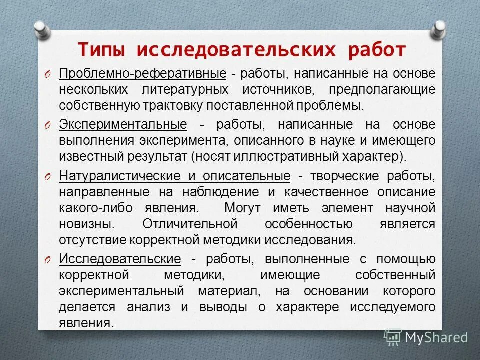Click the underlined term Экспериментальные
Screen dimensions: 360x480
pos(123,125)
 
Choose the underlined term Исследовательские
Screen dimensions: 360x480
pos(120,259)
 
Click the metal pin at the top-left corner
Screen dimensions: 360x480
pos(42,29)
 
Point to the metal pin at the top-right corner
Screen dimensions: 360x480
pos(438,29)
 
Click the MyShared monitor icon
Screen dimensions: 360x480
pos(393,337)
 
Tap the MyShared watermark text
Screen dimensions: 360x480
pos(436,337)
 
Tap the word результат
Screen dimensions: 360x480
pos(155,156)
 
